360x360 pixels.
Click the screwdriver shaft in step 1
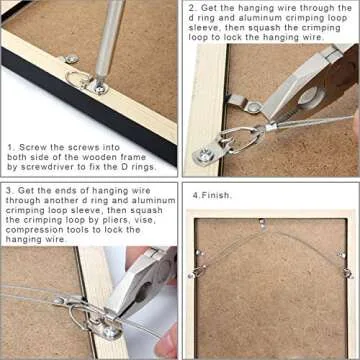point(112,35)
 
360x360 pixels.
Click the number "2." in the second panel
point(191,7)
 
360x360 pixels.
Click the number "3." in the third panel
point(9,187)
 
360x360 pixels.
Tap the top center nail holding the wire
point(262,222)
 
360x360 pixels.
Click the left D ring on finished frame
point(198,271)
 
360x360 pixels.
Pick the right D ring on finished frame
point(346,271)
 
